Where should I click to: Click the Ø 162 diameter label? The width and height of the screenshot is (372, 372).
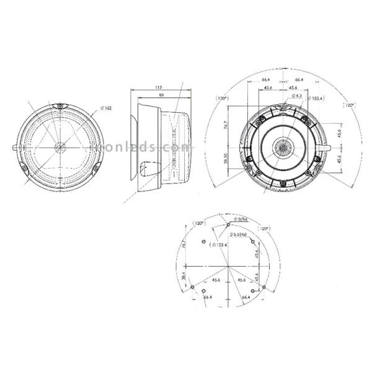pyautogui.click(x=105, y=109)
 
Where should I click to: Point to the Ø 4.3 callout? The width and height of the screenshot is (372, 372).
pyautogui.click(x=296, y=96)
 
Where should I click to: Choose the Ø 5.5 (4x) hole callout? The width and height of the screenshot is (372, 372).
pyautogui.click(x=238, y=234)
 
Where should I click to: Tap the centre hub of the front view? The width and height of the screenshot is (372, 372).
pyautogui.click(x=60, y=148)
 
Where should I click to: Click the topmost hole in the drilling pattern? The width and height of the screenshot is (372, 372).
pyautogui.click(x=229, y=221)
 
